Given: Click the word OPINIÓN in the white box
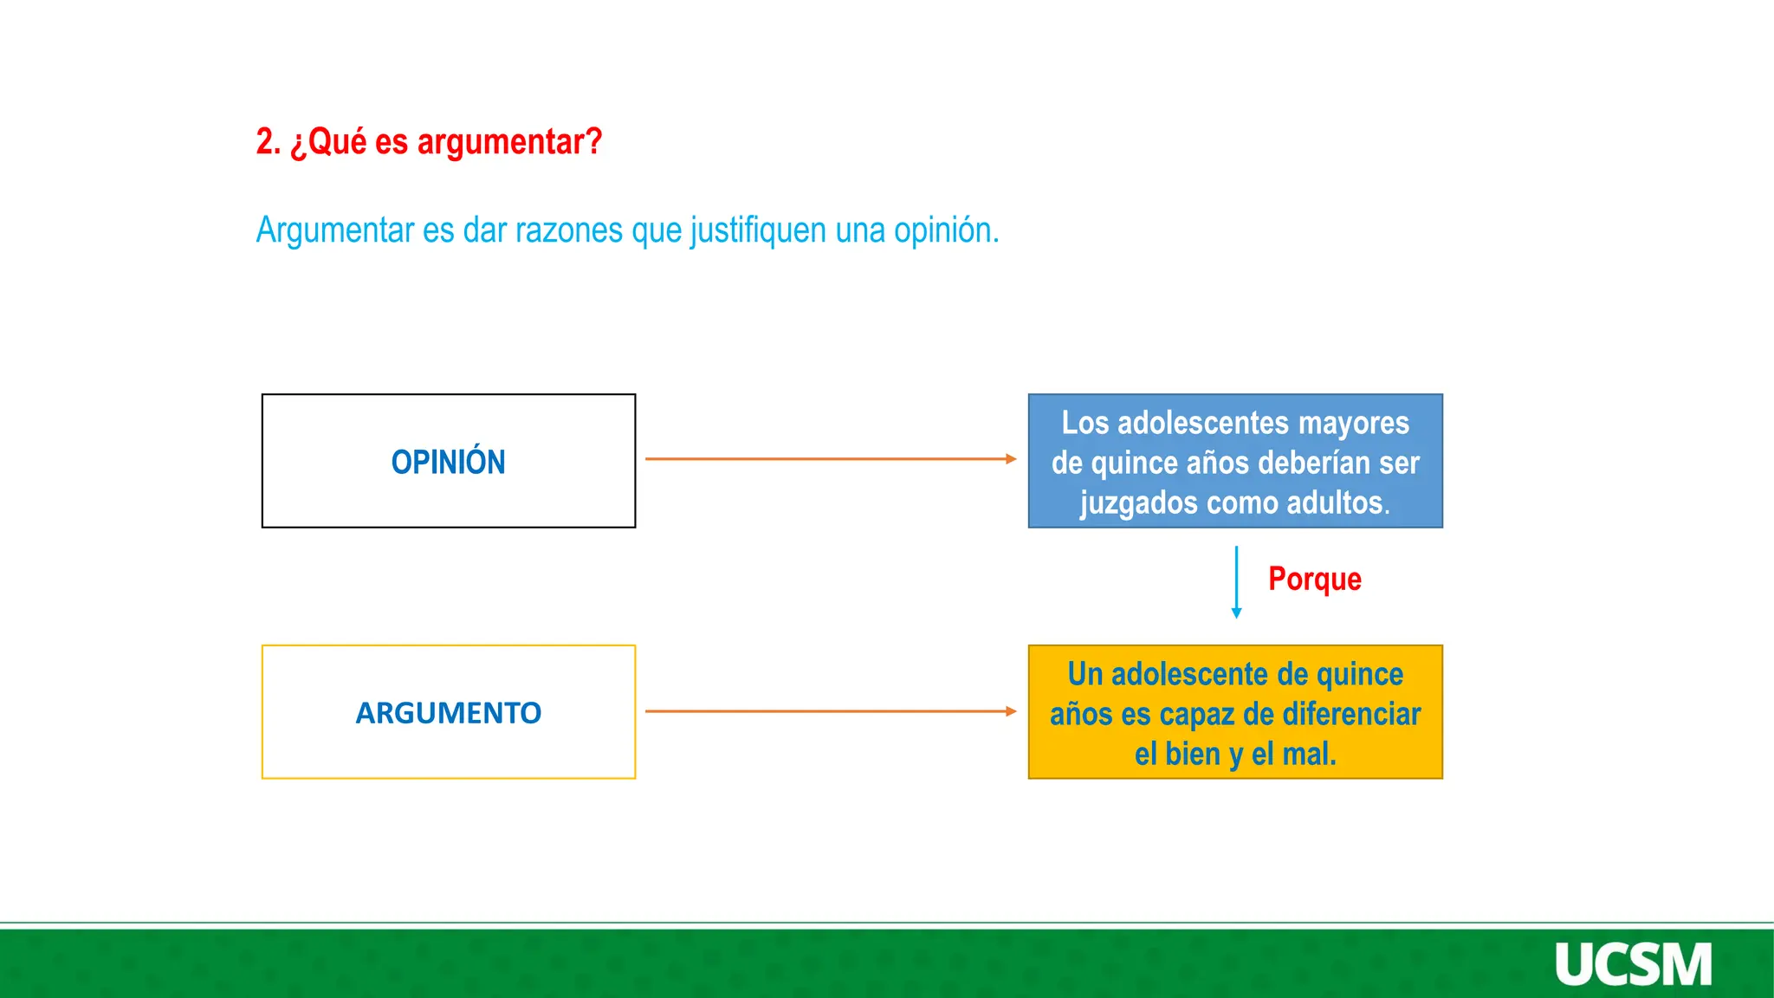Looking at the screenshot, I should (448, 463).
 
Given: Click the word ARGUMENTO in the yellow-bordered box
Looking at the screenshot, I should (448, 713).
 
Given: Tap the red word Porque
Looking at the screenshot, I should (1314, 580).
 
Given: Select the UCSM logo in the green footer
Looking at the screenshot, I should (1633, 964).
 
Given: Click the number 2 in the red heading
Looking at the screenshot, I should (265, 141).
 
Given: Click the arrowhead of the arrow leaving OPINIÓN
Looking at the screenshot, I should (1011, 459).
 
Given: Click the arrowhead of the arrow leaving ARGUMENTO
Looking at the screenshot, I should (1011, 711).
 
